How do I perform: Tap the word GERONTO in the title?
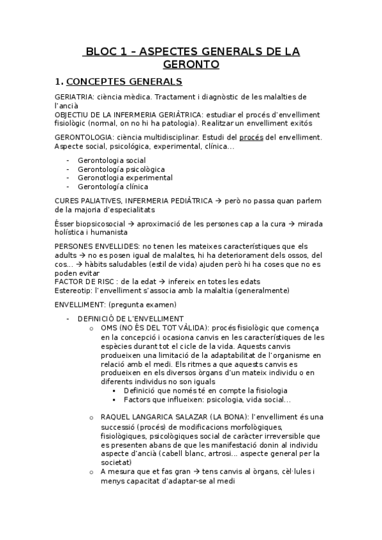[191, 64]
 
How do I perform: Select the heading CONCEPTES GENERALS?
[124, 82]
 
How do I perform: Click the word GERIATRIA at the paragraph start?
[73, 97]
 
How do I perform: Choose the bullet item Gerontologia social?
[112, 160]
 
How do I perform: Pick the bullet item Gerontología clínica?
[113, 187]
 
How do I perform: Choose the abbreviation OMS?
[108, 327]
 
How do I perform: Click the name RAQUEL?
[116, 417]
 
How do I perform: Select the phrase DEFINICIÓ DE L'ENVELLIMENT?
[131, 318]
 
